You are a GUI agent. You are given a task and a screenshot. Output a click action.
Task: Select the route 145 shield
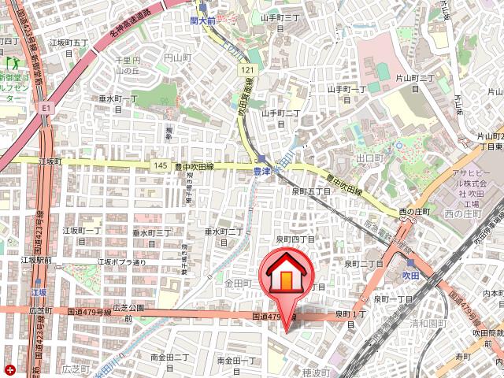pyautogui.click(x=160, y=165)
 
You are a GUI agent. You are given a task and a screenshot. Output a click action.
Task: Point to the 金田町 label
pyautogui.click(x=237, y=282)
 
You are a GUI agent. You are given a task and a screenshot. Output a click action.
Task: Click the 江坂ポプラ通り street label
pyautogui.click(x=122, y=262)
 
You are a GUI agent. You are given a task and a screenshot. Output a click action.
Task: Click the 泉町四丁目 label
pyautogui.click(x=295, y=239)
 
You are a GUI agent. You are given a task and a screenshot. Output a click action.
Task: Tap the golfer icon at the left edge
pyautogui.click(x=12, y=61)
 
